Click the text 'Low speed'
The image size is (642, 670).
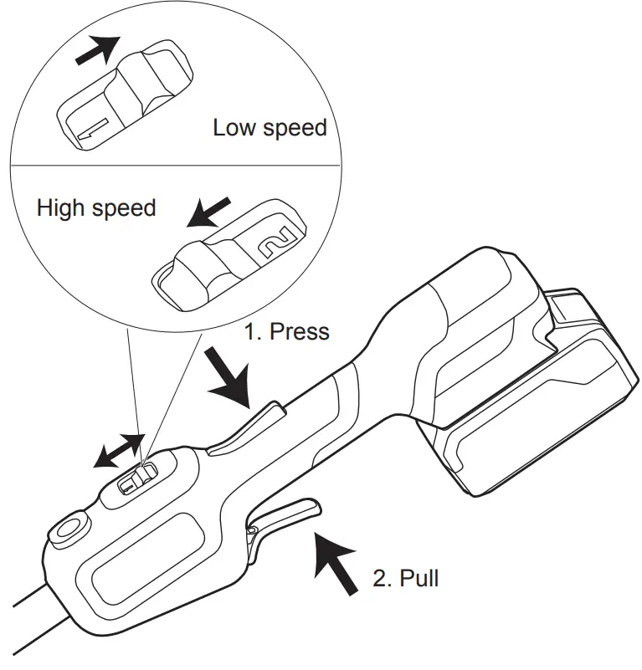(x=269, y=129)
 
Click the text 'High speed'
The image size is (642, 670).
(x=96, y=207)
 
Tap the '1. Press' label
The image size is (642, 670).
(x=286, y=331)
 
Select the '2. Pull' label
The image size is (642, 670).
(x=405, y=577)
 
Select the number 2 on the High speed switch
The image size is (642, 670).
(x=274, y=241)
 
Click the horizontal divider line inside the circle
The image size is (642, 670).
(x=176, y=163)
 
